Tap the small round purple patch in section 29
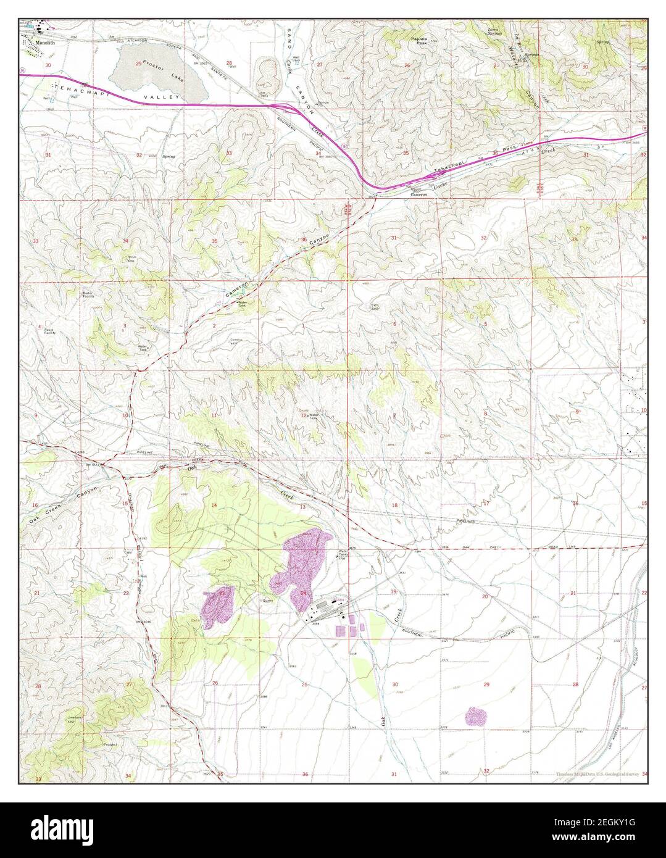[x=476, y=717]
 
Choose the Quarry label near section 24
[x=267, y=599]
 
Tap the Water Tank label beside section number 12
[x=316, y=416]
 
